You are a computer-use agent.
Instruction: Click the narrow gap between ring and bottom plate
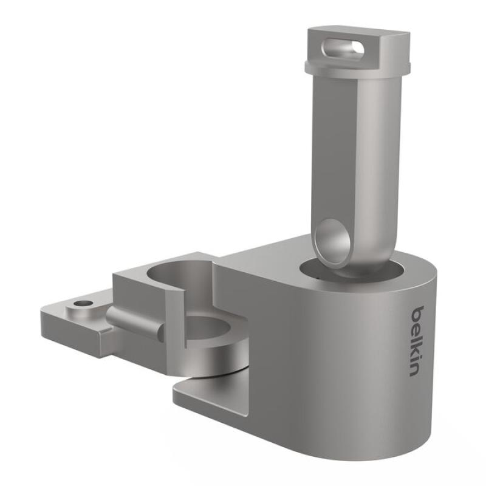(213, 374)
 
